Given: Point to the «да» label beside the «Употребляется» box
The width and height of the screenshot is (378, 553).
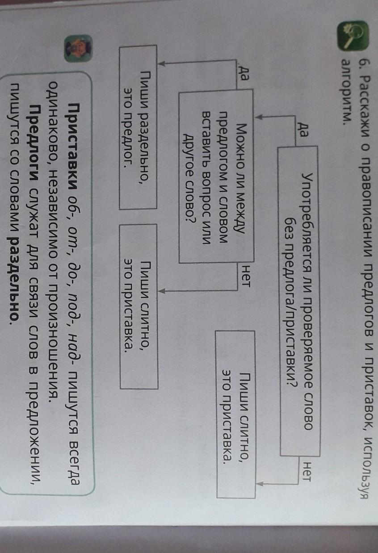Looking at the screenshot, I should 305,126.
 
